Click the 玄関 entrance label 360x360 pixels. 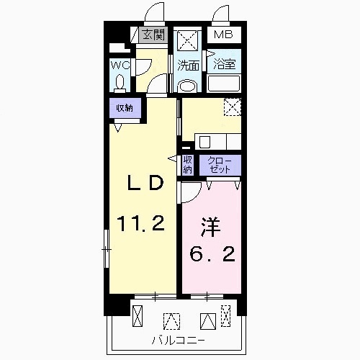(x=152, y=35)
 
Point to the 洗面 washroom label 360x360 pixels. (x=189, y=65)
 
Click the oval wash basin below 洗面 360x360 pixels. (x=188, y=86)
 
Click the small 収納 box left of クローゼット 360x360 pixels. (x=187, y=165)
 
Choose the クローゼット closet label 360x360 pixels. (x=220, y=165)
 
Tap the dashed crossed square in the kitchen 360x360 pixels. (x=232, y=107)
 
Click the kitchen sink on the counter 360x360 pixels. (x=204, y=140)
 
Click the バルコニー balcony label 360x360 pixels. (x=178, y=339)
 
